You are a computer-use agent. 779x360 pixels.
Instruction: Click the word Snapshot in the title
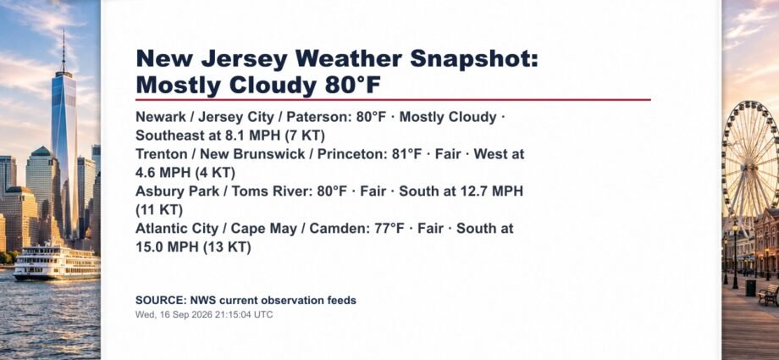point(474,59)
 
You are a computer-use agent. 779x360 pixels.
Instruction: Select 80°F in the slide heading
point(353,86)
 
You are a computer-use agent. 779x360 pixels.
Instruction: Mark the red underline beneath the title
point(393,99)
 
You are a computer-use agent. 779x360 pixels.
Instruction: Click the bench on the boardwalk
point(769,295)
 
